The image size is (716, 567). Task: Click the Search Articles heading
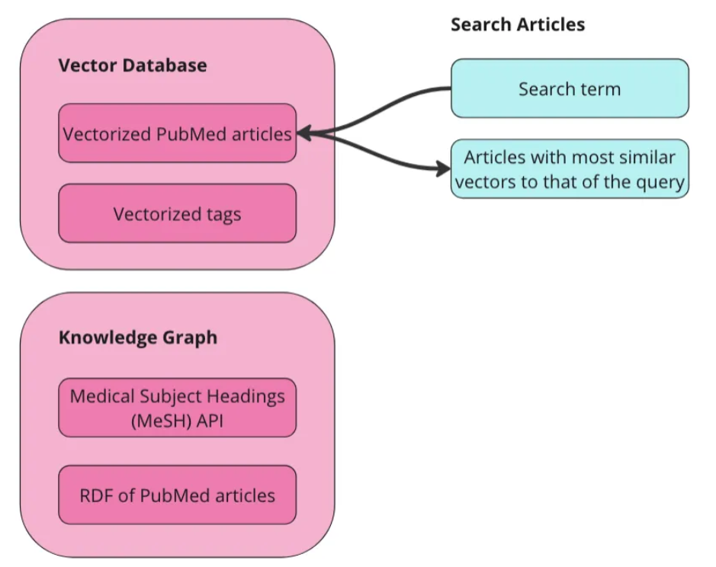pos(517,24)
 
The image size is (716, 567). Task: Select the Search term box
pos(569,88)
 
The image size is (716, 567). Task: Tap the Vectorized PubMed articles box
pos(177,133)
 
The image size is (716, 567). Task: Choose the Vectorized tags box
pos(177,213)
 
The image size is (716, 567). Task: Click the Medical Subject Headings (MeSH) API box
pos(177,408)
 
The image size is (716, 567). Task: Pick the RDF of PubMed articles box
pos(177,495)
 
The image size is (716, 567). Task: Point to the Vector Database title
pos(132,65)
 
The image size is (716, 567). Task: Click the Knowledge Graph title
pos(137,337)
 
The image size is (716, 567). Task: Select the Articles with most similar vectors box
pos(569,169)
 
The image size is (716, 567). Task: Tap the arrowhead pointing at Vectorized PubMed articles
pos(302,133)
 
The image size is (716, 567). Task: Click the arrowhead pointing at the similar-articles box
pos(444,169)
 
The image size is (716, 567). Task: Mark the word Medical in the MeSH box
pos(100,396)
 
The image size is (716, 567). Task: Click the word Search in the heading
pos(478,24)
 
